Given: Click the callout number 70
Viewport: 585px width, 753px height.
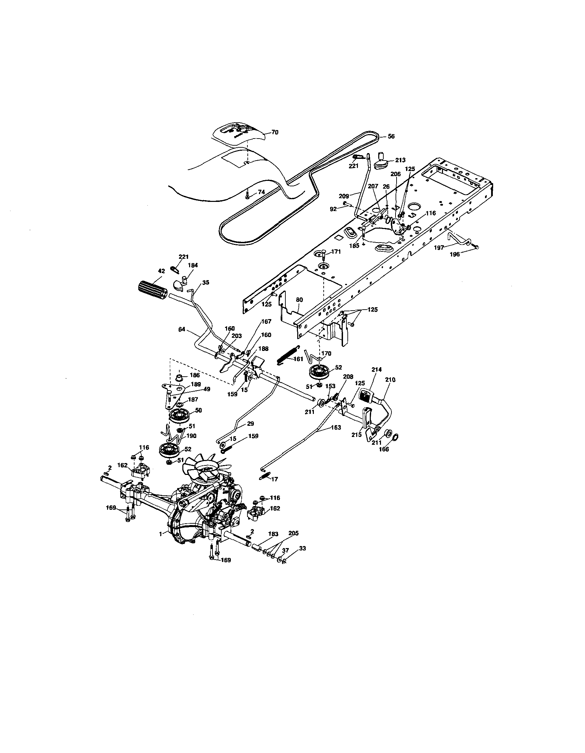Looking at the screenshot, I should (x=275, y=132).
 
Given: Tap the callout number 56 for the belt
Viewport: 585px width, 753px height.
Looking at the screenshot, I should (x=391, y=136).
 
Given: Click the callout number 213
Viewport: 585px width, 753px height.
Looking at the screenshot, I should (x=400, y=160).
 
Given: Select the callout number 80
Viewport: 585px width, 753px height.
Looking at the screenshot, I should (x=299, y=300).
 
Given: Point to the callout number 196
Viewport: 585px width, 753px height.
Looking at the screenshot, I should (x=455, y=254).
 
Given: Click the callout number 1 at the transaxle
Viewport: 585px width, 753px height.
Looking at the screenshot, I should (x=160, y=534).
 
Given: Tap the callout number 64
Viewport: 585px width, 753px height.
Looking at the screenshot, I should (x=182, y=329).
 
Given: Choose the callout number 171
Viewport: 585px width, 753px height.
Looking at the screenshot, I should (x=336, y=252).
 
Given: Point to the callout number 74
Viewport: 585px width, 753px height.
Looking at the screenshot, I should (x=261, y=192).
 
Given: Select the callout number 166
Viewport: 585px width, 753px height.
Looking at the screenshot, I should (x=384, y=449).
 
